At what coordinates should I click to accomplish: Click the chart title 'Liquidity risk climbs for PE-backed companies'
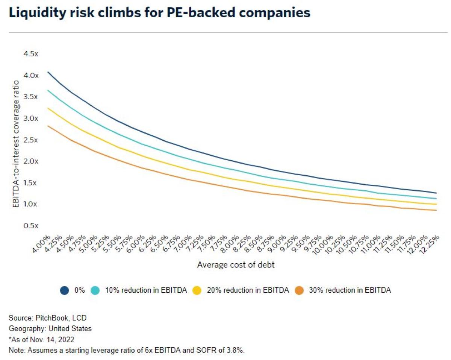tap(159, 13)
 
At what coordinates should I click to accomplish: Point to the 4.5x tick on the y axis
tap(31, 54)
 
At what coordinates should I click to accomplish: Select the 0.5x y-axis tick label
tap(31, 226)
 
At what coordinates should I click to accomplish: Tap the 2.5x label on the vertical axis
tap(31, 140)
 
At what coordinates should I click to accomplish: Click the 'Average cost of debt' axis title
tap(236, 265)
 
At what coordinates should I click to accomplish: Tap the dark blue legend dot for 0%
tap(64, 290)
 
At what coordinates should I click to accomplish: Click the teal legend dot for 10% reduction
tap(95, 290)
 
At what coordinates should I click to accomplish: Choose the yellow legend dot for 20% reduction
tap(197, 290)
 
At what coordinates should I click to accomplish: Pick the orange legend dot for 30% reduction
tap(299, 290)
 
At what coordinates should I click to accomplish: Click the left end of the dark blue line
tap(48, 72)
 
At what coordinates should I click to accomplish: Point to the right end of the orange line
tap(436, 210)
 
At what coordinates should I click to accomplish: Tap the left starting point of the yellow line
tap(48, 108)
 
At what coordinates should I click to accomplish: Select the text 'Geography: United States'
tap(50, 328)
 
